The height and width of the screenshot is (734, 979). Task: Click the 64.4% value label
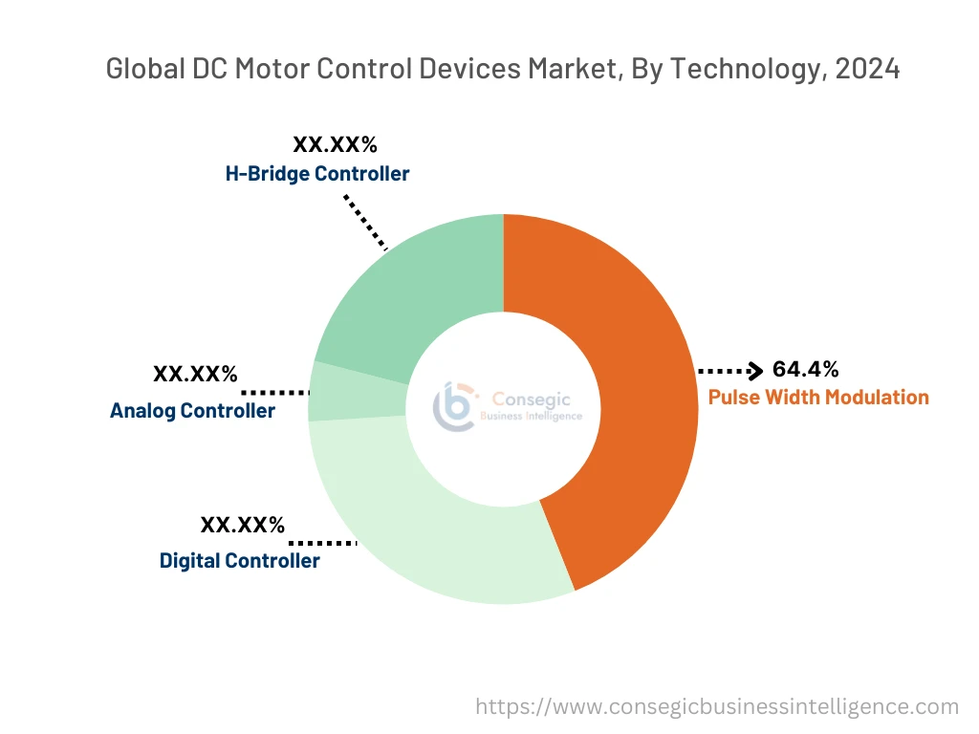(805, 370)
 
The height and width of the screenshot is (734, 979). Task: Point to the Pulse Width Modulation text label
(818, 398)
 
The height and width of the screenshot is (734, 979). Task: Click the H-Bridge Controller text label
(317, 174)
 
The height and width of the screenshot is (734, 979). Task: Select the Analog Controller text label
(192, 411)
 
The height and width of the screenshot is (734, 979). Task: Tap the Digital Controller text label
(239, 561)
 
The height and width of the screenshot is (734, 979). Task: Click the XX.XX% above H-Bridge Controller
(335, 145)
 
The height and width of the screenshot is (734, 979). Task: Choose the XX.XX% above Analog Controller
(195, 374)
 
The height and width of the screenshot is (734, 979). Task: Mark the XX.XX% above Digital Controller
(242, 525)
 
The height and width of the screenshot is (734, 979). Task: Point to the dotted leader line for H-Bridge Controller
(365, 222)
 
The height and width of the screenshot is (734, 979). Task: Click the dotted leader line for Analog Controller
(275, 392)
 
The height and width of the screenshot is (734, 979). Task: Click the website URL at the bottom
(717, 706)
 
